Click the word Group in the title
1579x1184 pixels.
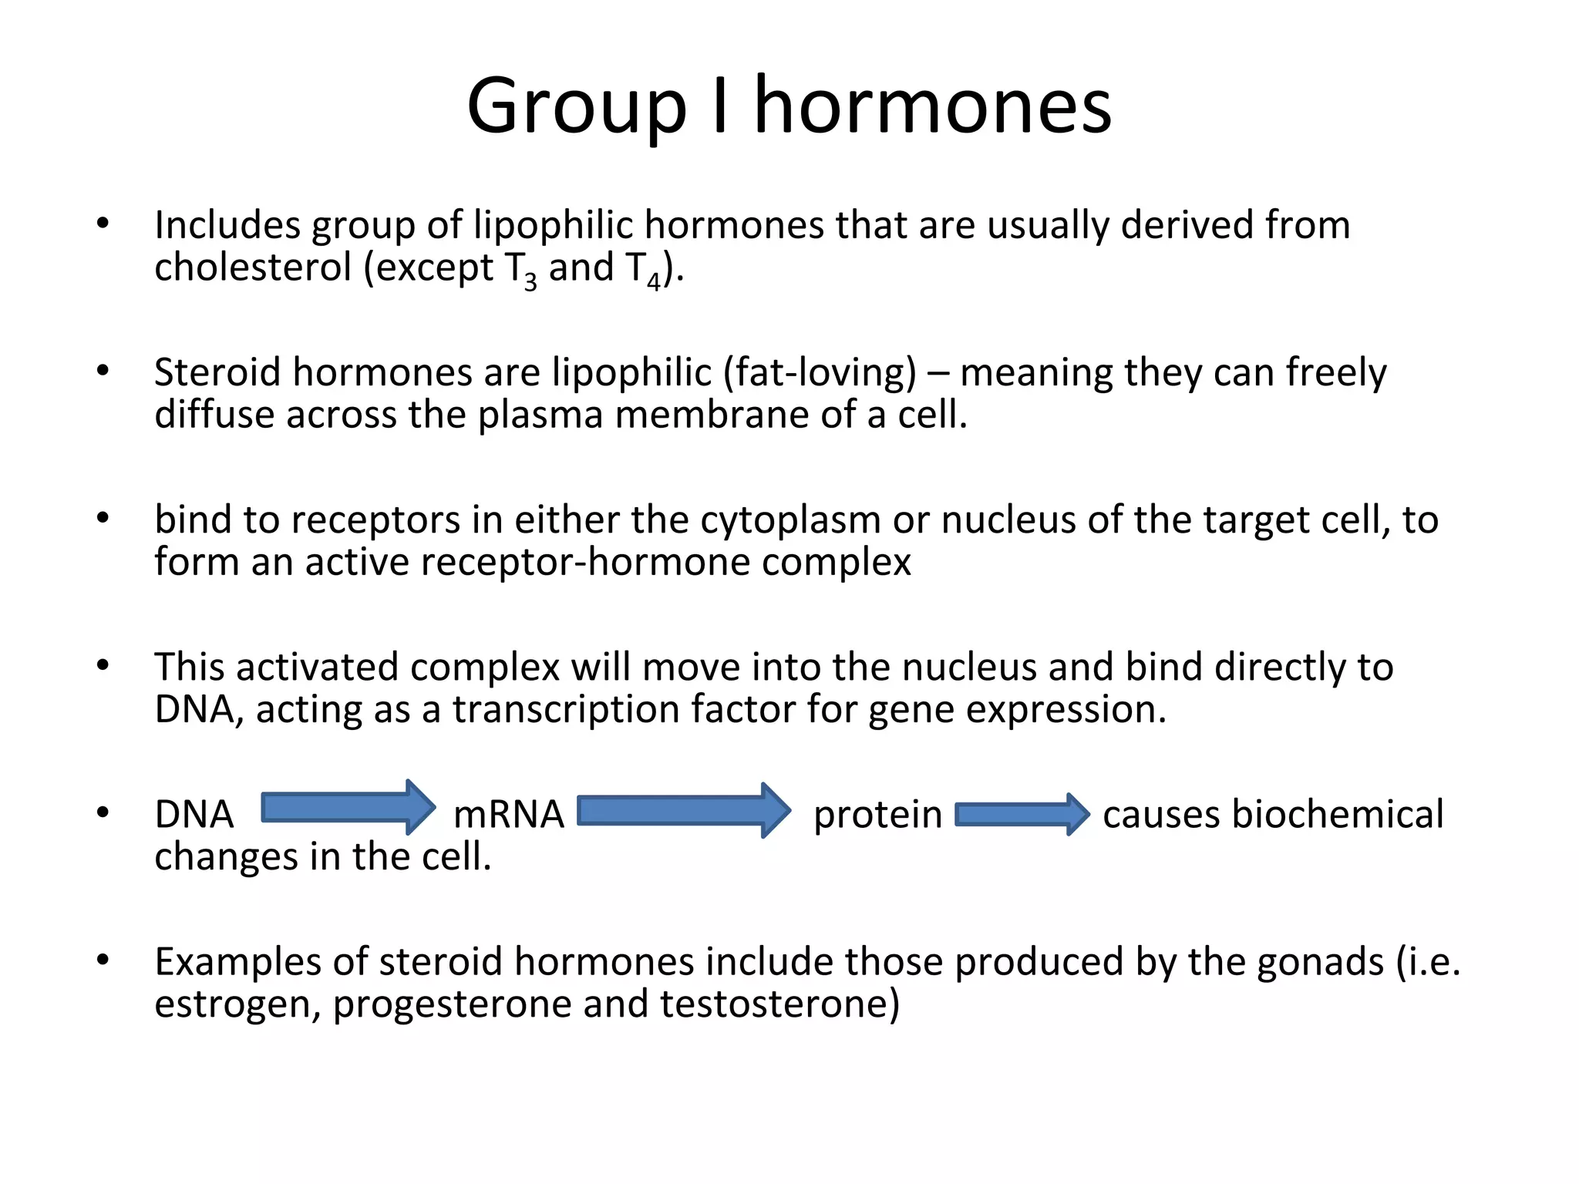pos(576,108)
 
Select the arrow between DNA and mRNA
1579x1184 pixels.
pos(348,808)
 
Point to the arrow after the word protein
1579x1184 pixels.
pos(1022,815)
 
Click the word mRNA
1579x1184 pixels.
pos(508,815)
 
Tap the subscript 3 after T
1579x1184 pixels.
pos(530,282)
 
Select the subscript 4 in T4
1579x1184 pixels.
pos(654,282)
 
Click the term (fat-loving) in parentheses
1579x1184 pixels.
pos(820,373)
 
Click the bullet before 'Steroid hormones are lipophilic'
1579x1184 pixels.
pos(103,371)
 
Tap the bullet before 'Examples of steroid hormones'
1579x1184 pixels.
pos(103,960)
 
